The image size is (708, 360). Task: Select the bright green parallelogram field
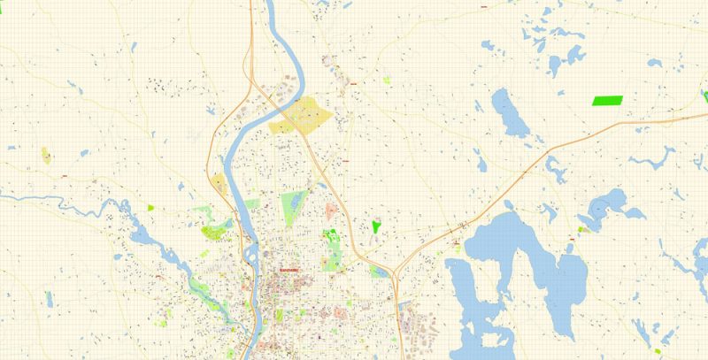coord(607,100)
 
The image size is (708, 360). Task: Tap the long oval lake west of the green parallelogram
coord(509,112)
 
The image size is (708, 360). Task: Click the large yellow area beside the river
coord(304,116)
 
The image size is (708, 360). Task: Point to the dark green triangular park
coord(376,226)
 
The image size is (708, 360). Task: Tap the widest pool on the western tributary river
coord(139,235)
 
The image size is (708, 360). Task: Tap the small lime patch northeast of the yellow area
coord(387,80)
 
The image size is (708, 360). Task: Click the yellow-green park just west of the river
coord(215,232)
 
